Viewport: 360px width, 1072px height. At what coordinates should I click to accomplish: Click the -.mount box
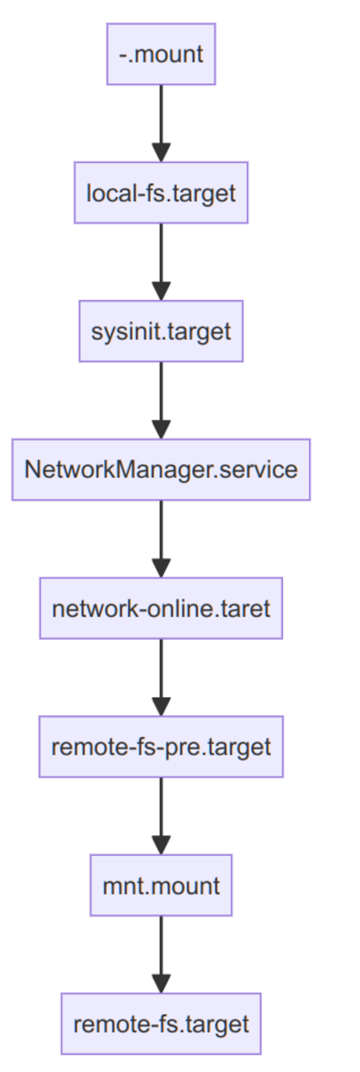[x=161, y=54]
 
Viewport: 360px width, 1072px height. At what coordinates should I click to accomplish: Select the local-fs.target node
[x=161, y=193]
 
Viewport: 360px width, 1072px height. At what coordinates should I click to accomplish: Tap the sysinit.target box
[x=161, y=331]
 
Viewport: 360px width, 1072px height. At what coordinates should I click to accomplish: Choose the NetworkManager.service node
[x=161, y=469]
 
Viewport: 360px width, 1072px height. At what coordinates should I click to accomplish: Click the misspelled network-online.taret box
[x=161, y=608]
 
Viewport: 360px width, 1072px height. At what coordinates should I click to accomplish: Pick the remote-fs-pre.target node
[x=161, y=747]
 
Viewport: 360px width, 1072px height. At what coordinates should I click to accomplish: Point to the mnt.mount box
[x=161, y=885]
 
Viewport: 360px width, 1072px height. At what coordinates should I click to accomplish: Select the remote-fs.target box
[x=161, y=1024]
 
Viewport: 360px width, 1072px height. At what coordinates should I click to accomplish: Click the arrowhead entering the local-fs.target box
[x=161, y=152]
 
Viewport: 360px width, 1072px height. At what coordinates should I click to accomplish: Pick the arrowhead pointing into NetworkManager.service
[x=161, y=430]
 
